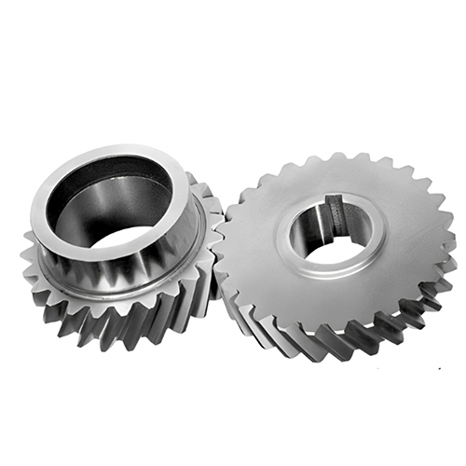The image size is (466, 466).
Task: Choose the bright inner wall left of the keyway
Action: pos(308,233)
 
